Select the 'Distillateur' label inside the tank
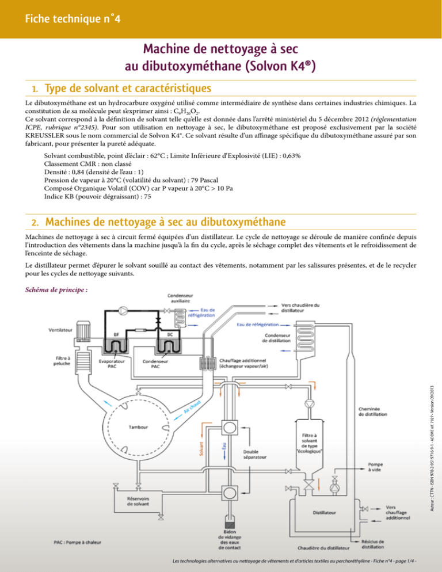325,510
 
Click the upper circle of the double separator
228,426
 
